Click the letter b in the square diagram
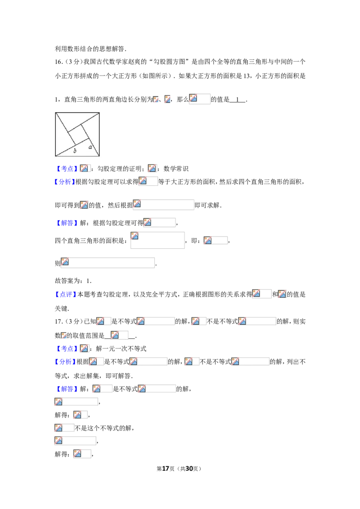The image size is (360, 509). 75,151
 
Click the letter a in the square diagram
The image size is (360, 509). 90,147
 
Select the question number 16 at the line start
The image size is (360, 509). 58,62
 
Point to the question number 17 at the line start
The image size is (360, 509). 58,321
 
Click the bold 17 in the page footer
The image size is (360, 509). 166,469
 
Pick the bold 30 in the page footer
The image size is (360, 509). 189,469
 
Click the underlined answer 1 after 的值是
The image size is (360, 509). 238,100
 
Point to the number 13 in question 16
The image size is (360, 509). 247,76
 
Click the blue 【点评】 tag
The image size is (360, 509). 65,295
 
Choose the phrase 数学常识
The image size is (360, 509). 176,169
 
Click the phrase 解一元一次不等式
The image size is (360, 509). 121,348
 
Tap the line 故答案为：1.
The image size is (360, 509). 73,281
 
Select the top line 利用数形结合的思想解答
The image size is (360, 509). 90,49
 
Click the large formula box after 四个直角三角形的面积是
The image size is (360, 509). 157,240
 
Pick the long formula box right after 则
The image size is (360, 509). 108,263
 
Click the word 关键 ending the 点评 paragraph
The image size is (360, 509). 61,308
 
